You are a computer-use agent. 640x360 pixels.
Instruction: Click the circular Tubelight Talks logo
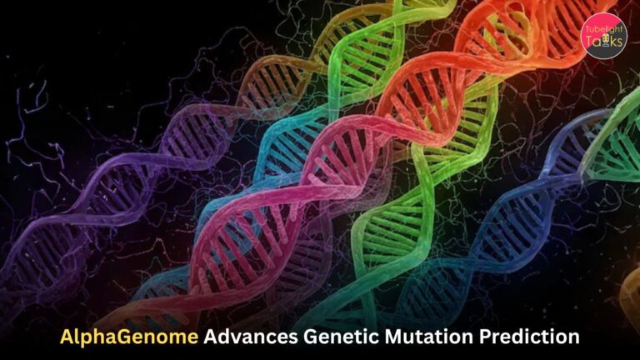[x=603, y=34]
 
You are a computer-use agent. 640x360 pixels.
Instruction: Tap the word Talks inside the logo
[x=606, y=42]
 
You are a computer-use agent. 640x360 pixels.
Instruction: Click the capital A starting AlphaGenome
[x=66, y=337]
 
